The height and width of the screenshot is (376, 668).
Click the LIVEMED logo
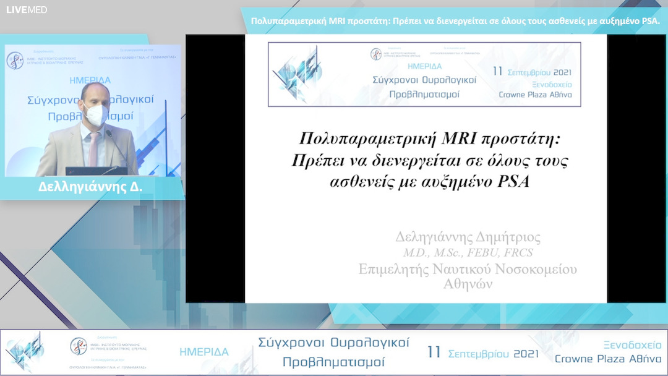(27, 10)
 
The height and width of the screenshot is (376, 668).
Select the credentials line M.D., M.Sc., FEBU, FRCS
(468, 252)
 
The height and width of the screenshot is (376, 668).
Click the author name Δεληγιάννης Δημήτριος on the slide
(468, 237)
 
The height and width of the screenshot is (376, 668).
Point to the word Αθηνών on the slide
(468, 284)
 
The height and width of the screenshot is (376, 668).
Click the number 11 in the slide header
(497, 70)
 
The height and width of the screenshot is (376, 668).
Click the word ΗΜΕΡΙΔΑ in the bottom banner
(204, 352)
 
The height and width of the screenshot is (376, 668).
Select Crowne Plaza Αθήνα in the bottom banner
(608, 359)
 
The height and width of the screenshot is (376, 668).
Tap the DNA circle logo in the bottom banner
(79, 346)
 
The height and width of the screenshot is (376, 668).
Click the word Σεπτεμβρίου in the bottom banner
(473, 354)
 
